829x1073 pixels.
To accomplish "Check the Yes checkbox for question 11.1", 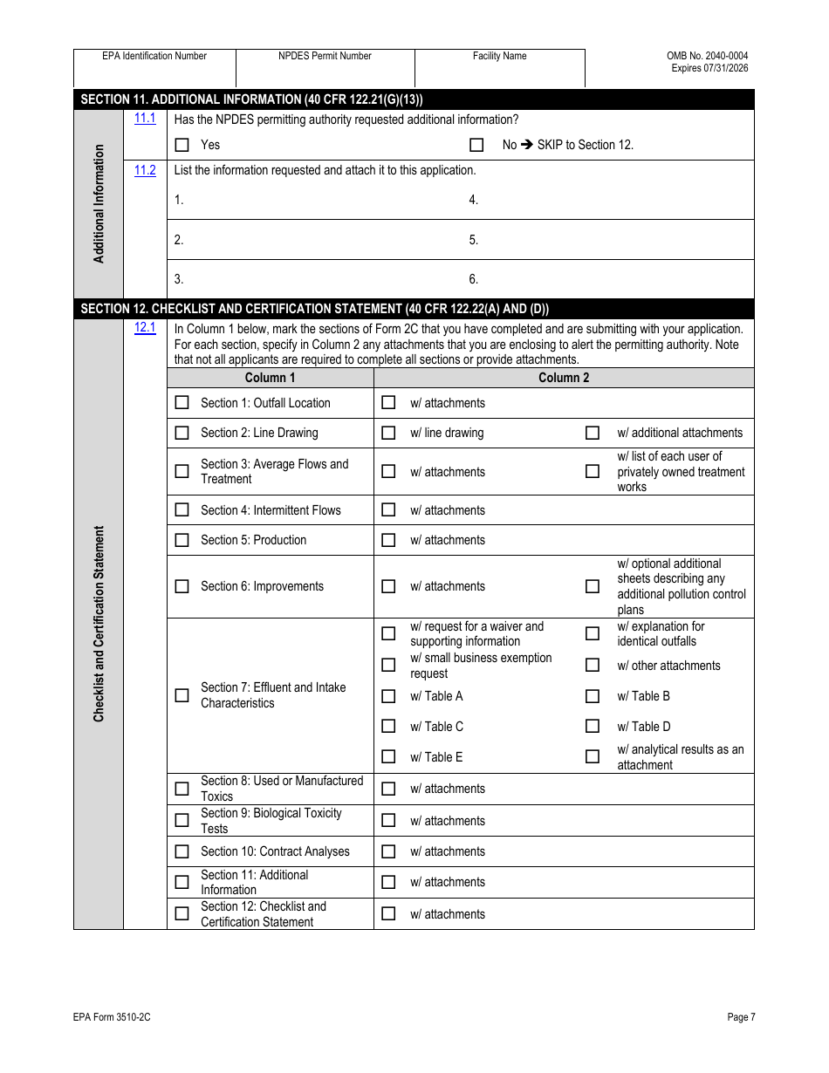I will [182, 146].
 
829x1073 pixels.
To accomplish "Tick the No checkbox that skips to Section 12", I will [476, 146].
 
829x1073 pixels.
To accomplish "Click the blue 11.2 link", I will [145, 170].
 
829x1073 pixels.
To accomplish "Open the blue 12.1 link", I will [145, 327].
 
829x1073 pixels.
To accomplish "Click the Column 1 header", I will [270, 378].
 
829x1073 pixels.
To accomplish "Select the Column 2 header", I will [564, 378].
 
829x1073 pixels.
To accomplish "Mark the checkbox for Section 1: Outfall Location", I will [182, 403].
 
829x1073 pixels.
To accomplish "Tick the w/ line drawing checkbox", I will [388, 433].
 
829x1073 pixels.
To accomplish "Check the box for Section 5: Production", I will [182, 540].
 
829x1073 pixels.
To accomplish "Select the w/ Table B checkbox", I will [593, 696].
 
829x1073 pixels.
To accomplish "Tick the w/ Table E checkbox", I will [388, 757].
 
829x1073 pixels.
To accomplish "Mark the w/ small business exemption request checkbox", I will [388, 666].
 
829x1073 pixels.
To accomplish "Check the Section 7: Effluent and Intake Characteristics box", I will [182, 695].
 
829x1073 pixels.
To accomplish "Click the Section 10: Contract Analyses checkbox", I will [182, 851].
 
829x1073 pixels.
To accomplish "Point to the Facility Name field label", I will [499, 56].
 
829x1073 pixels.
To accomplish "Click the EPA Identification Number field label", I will [154, 56].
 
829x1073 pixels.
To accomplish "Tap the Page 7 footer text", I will [741, 1016].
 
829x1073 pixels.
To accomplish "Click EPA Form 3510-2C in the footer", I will [106, 1016].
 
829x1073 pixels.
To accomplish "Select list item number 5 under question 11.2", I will [474, 240].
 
